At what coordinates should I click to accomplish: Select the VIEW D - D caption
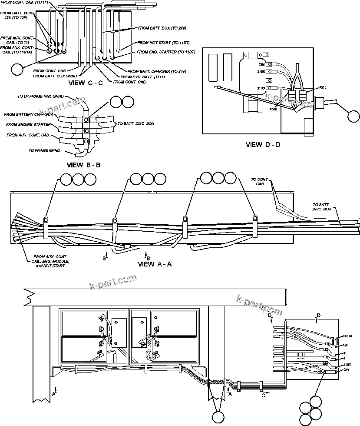tap(263, 144)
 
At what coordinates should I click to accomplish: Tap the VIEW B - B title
tap(84, 165)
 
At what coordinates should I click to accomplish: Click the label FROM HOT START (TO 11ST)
tap(163, 43)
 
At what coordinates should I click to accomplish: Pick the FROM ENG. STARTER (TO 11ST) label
tap(166, 52)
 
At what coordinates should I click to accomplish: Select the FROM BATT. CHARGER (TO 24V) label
tap(157, 71)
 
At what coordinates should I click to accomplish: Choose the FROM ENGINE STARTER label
tap(28, 124)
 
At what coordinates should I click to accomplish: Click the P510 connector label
tap(323, 87)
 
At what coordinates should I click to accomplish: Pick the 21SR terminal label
tap(261, 72)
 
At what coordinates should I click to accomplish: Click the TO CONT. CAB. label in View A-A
tap(260, 181)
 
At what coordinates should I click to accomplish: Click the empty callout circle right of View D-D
tap(353, 116)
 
